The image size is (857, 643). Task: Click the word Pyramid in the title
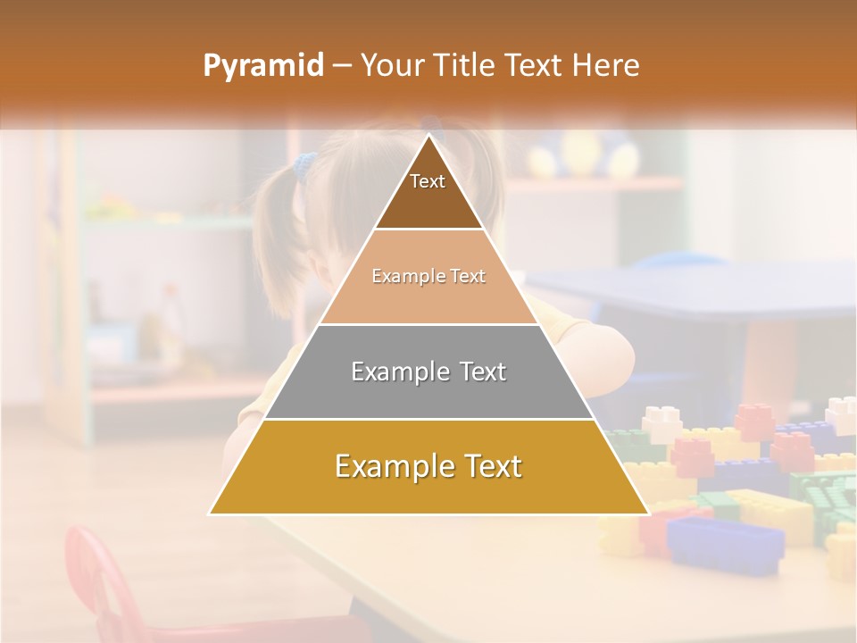pyautogui.click(x=262, y=66)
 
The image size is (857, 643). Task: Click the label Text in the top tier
pyautogui.click(x=428, y=181)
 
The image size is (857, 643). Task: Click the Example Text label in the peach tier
pyautogui.click(x=428, y=276)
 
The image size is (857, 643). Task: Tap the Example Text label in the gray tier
pyautogui.click(x=428, y=371)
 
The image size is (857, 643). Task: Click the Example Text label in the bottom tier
pyautogui.click(x=428, y=465)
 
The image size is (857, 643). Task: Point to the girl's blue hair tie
pyautogui.click(x=305, y=163)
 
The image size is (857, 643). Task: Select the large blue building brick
pyautogui.click(x=725, y=541)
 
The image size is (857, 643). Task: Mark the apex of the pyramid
pyautogui.click(x=428, y=137)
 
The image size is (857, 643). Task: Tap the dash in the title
pyautogui.click(x=341, y=66)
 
